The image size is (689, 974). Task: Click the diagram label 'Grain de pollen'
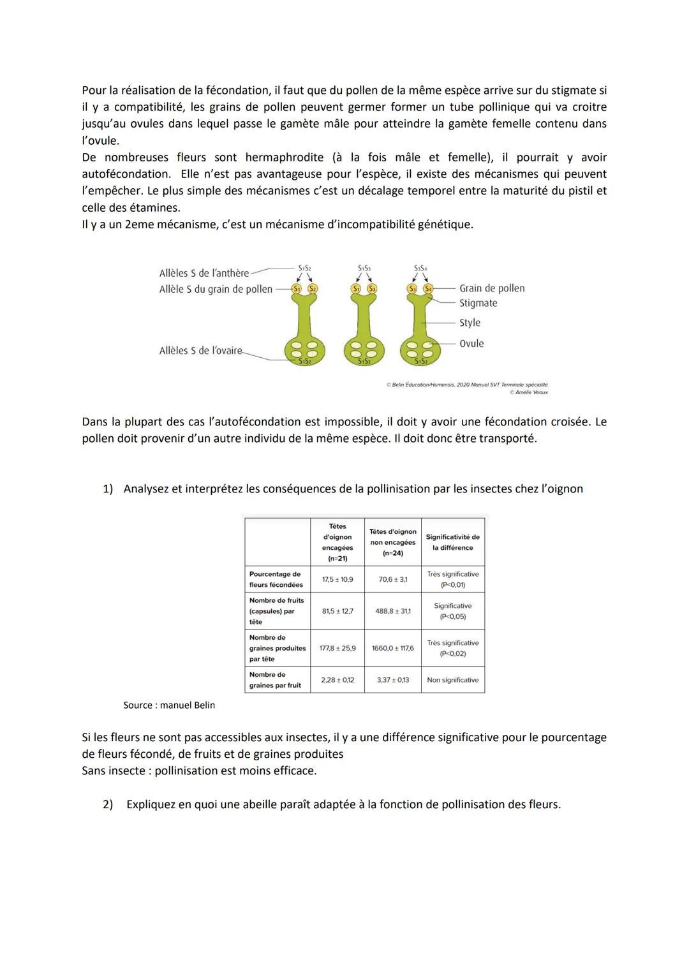tap(492, 288)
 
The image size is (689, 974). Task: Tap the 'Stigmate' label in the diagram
tap(478, 304)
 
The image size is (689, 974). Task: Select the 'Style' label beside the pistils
tap(470, 323)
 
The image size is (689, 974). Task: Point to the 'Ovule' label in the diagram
tap(471, 343)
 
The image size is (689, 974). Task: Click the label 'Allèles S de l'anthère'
tap(204, 273)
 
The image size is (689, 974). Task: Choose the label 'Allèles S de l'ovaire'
tap(201, 350)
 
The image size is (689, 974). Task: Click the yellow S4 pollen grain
tap(428, 288)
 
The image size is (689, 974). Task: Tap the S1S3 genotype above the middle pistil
tap(364, 269)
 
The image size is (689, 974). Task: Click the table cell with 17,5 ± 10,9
tap(337, 579)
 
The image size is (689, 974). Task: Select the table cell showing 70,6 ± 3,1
tap(392, 579)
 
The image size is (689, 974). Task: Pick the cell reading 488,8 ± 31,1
tap(392, 611)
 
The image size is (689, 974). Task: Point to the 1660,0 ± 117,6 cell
tap(392, 648)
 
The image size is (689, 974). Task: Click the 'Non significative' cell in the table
tap(453, 680)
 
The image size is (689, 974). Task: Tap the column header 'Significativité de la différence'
tap(453, 542)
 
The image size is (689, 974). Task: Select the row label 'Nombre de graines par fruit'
tap(275, 680)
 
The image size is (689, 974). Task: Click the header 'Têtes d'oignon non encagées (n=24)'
tap(392, 542)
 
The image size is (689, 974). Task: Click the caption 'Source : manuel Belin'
tap(169, 705)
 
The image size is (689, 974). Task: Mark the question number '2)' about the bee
tap(108, 804)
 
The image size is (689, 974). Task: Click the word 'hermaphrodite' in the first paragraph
tap(284, 158)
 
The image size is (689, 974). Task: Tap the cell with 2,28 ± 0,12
tap(337, 680)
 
